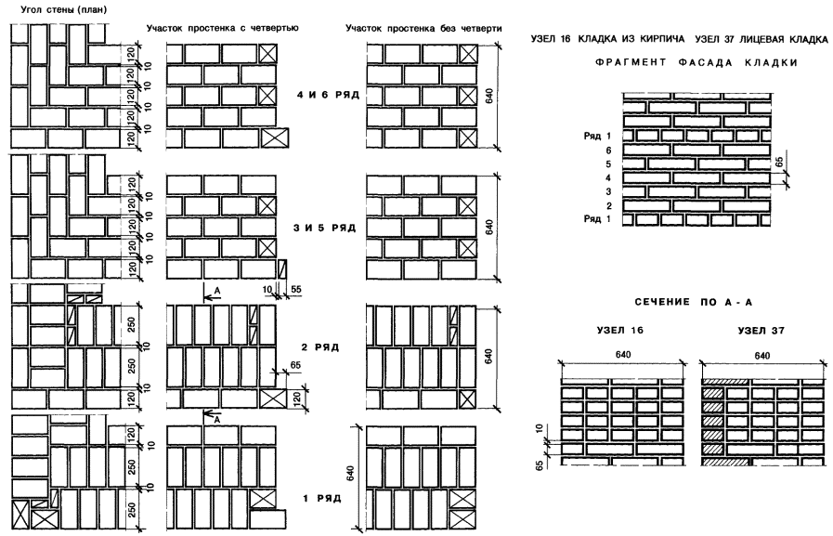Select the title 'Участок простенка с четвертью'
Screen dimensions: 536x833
pyautogui.click(x=223, y=29)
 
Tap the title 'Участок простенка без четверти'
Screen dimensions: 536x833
pyautogui.click(x=423, y=29)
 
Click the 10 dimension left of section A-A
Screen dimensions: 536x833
pyautogui.click(x=540, y=431)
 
